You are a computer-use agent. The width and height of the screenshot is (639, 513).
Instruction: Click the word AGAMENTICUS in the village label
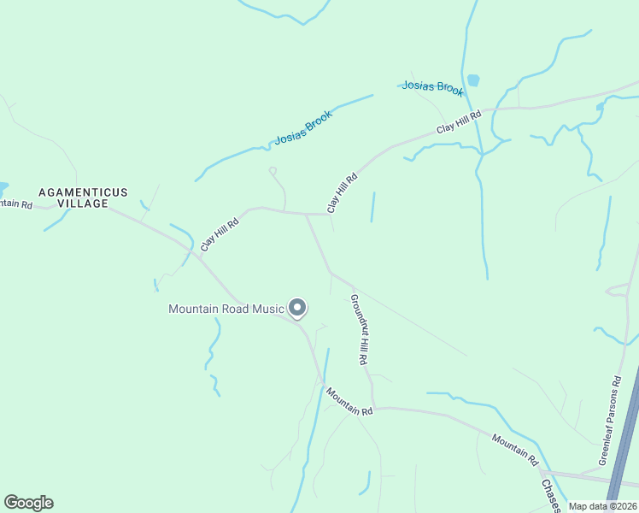click(82, 192)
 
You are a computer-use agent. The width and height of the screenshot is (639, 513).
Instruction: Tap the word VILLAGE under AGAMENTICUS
click(83, 203)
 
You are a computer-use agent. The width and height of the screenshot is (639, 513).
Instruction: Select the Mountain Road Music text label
click(226, 309)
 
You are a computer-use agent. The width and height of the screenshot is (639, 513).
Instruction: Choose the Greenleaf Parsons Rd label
click(612, 419)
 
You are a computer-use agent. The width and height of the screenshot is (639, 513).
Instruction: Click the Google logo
click(28, 503)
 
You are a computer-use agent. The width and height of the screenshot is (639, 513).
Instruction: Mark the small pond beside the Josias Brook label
click(473, 80)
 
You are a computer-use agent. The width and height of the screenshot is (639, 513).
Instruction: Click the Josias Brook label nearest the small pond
click(432, 88)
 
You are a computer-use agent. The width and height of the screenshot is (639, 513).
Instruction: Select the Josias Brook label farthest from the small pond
click(302, 127)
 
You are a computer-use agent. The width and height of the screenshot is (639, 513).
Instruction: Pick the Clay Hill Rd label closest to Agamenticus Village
click(220, 233)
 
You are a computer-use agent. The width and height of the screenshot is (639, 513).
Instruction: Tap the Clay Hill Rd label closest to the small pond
click(460, 121)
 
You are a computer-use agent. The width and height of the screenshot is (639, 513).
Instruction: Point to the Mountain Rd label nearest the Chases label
click(515, 450)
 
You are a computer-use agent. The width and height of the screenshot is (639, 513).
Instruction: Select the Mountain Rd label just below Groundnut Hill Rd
click(349, 401)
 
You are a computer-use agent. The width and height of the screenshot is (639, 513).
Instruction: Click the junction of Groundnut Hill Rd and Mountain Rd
click(374, 408)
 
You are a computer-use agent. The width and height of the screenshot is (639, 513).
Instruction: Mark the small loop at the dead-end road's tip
click(273, 171)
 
